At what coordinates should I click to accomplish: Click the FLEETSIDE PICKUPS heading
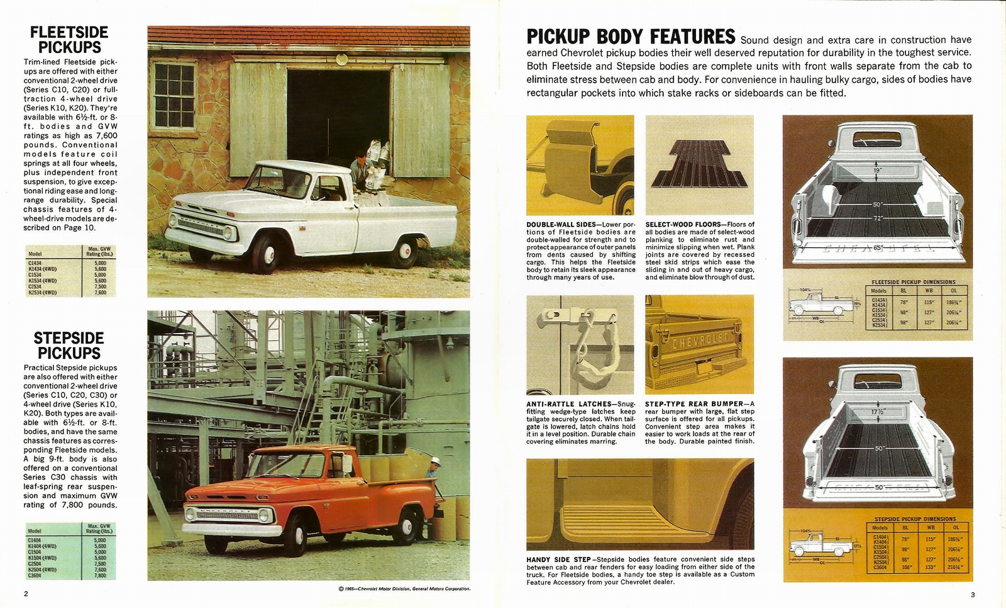coord(69,40)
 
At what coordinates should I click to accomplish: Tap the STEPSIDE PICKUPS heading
coord(69,346)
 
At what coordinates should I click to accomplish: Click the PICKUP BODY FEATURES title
coord(631,37)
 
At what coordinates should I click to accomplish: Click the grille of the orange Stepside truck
coord(228,516)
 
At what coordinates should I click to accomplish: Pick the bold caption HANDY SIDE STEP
coord(558,560)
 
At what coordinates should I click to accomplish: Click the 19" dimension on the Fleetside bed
coord(876,170)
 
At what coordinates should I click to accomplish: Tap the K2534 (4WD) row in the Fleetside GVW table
coord(42,292)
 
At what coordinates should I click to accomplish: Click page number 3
coord(972,595)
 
